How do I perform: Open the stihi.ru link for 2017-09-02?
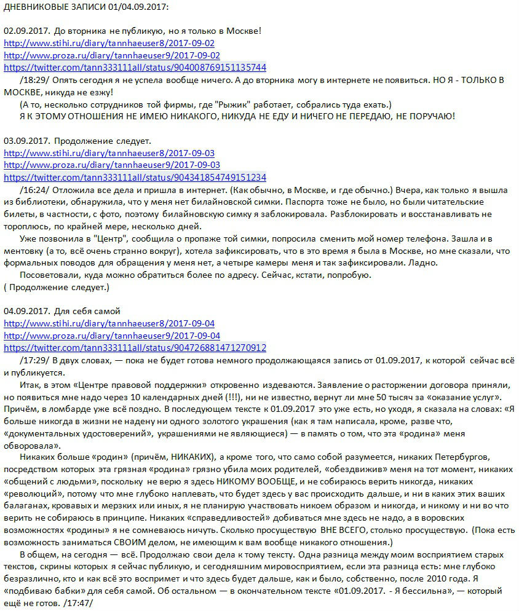tap(109, 44)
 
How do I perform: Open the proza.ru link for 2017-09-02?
tap(112, 55)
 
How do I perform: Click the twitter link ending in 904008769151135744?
tap(135, 67)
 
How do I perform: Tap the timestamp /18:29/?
tap(34, 79)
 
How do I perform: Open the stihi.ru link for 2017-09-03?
tap(109, 153)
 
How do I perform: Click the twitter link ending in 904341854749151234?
tap(135, 177)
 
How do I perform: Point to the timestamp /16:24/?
tap(34, 189)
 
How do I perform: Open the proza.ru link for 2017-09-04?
tap(112, 336)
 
